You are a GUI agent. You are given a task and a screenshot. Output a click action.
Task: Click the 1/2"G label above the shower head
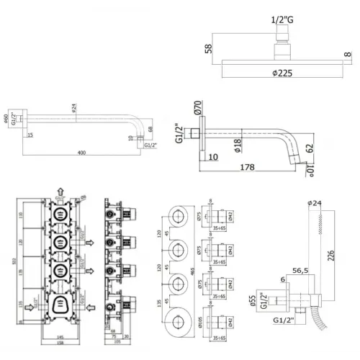[283, 19]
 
